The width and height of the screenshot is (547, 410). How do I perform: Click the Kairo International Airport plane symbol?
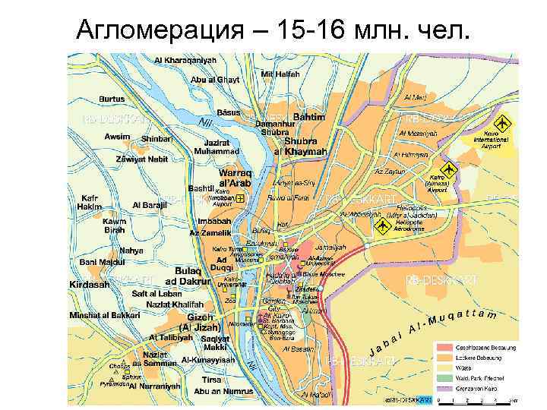coord(501,123)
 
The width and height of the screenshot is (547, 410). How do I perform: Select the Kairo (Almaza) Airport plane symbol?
coord(449,169)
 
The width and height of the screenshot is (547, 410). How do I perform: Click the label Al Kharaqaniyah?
coord(185,61)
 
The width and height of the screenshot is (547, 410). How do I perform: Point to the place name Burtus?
coord(111,99)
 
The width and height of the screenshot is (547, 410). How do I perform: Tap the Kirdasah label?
coord(89,283)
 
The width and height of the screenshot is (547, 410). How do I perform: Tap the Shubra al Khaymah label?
coord(305,147)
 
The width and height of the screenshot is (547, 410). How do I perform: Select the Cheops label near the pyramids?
coord(119,365)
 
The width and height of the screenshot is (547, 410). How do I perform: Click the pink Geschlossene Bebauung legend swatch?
coord(444,348)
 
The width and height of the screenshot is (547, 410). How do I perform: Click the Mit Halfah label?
coord(280,74)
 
